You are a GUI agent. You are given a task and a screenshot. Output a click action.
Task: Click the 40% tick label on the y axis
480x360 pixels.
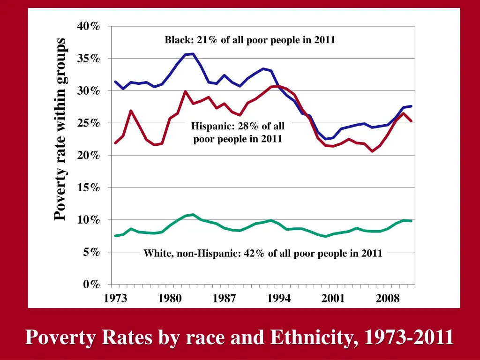[89, 26]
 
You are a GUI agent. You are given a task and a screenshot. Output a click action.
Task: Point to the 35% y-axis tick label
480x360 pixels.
[89, 59]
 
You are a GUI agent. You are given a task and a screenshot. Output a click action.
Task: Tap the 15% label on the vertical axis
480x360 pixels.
[89, 187]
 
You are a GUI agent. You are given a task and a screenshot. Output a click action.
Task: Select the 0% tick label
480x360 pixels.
[91, 285]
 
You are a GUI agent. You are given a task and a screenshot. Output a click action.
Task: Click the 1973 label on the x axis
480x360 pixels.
[115, 299]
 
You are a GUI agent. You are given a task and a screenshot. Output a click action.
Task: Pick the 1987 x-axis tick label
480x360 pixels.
[224, 299]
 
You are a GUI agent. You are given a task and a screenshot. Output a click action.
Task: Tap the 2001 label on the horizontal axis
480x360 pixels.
[333, 299]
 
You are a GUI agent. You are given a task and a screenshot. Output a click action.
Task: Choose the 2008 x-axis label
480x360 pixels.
[388, 299]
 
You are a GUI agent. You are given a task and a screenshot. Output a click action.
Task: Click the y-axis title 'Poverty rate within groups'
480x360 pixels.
[60, 129]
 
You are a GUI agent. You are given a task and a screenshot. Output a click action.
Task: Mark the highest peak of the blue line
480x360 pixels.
[193, 54]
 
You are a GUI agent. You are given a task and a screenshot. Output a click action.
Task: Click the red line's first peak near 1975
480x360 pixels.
[131, 111]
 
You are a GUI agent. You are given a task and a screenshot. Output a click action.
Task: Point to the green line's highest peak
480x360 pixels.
[193, 215]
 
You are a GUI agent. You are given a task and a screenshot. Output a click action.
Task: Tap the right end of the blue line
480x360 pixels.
[411, 106]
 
